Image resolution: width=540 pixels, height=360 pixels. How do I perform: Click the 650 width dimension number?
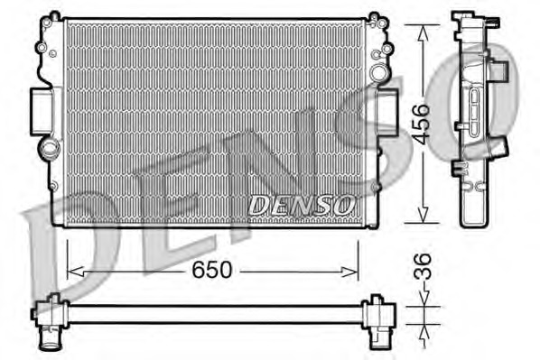coord(214,269)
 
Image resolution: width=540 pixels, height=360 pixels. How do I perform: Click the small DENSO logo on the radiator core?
coord(300,206)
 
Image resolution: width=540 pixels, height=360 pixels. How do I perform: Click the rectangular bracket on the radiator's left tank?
coord(42,111)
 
